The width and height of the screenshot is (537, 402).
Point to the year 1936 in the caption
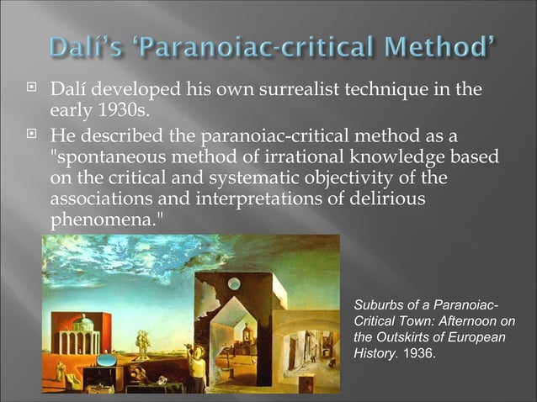coord(418,352)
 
